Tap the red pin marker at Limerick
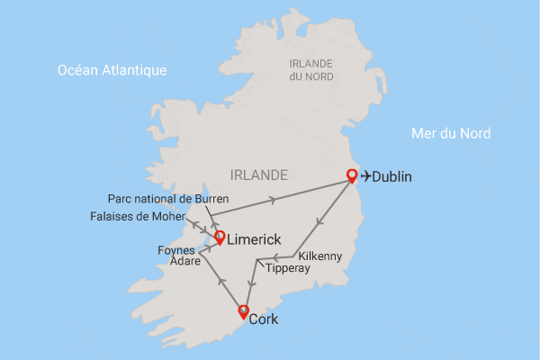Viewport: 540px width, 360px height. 219,238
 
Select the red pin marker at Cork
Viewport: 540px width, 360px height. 242,311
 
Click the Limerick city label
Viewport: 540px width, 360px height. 256,240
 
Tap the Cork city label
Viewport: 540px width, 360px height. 264,319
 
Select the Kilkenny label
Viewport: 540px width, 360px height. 320,256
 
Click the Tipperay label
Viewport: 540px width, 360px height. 288,268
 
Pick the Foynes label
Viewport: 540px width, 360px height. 175,249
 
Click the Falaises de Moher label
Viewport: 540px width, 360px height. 137,217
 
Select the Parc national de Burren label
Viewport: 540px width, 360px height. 168,198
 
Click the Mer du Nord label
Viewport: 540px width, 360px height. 451,133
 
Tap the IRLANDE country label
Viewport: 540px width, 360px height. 258,174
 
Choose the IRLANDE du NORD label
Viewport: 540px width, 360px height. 310,69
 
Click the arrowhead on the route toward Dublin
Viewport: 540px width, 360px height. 273,196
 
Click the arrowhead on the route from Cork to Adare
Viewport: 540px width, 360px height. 221,283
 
